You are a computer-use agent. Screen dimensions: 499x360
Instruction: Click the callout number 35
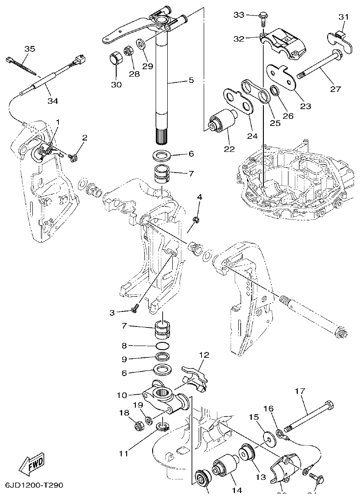pyautogui.click(x=29, y=49)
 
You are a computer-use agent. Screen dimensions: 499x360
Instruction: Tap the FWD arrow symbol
pyautogui.click(x=33, y=464)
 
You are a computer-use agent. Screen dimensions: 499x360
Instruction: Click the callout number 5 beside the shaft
pyautogui.click(x=191, y=80)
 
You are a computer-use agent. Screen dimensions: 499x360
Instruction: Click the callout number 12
pyautogui.click(x=204, y=355)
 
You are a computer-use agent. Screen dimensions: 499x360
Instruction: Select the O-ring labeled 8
pyautogui.click(x=163, y=346)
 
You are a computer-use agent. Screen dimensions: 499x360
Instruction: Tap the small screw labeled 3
pyautogui.click(x=135, y=310)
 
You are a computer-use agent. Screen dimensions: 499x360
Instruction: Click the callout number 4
pyautogui.click(x=199, y=197)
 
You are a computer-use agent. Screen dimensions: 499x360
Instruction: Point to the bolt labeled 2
pyautogui.click(x=73, y=158)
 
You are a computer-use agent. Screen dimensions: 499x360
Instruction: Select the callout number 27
pyautogui.click(x=335, y=89)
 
